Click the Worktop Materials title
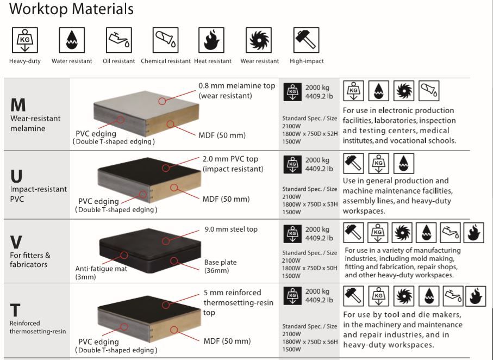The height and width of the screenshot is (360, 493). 71,9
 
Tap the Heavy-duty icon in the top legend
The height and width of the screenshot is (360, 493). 25,40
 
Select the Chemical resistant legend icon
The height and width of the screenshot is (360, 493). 165,40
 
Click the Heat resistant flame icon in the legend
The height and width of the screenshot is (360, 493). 211,40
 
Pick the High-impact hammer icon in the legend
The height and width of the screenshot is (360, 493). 306,40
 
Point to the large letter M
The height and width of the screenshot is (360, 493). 18,105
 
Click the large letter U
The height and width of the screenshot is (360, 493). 16,176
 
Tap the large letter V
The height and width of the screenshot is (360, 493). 16,243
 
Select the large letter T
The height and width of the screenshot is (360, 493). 15,310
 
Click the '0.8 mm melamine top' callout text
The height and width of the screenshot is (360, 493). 237,85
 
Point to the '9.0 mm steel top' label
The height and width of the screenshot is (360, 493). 231,229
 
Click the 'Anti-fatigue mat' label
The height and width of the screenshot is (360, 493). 101,269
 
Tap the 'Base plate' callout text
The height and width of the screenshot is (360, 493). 220,262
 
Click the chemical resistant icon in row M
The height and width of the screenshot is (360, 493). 429,91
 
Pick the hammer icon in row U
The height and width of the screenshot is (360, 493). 353,163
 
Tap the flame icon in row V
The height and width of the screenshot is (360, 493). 473,233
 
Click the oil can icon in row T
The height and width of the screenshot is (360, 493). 453,296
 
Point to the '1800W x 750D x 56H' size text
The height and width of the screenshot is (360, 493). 310,342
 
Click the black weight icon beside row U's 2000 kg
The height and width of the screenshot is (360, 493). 292,164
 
